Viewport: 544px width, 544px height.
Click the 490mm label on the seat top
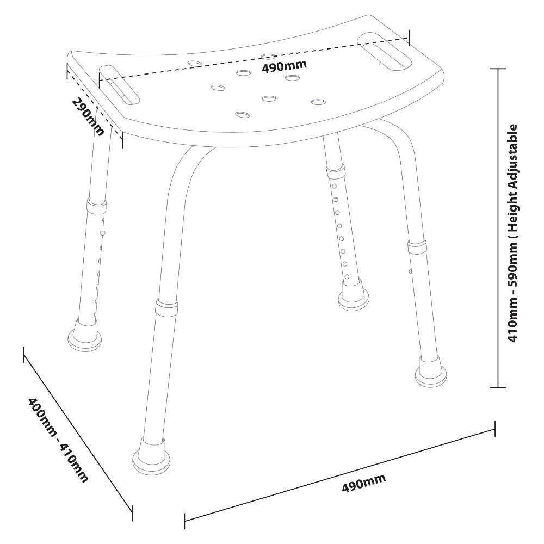[284, 66]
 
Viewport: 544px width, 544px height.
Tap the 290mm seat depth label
[88, 118]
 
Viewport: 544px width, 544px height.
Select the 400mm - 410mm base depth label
[58, 440]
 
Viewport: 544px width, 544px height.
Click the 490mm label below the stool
[363, 483]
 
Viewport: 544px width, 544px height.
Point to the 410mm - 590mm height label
[512, 233]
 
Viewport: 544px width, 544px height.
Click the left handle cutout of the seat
[119, 84]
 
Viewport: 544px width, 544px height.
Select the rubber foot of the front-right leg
[431, 372]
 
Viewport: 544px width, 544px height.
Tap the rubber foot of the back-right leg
[354, 297]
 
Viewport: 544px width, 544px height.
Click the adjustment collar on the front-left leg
[167, 307]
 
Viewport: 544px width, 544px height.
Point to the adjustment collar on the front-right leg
[417, 246]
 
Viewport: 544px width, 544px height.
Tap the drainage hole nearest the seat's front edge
[243, 114]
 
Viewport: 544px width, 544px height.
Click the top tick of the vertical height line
[498, 69]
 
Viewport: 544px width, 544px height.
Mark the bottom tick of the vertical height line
[498, 387]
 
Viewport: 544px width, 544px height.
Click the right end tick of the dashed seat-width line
[410, 38]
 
